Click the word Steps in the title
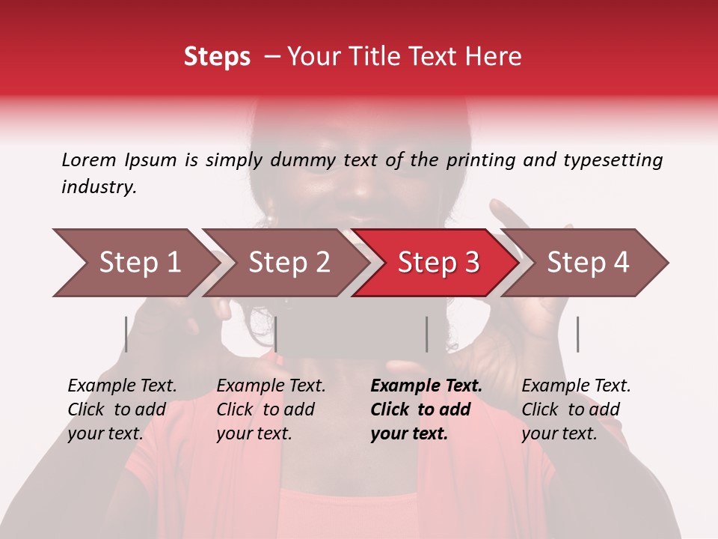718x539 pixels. click(x=217, y=57)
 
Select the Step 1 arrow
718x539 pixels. click(x=135, y=263)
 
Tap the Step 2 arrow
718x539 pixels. click(x=289, y=263)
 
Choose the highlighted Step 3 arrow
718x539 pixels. click(x=438, y=263)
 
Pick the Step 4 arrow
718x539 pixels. click(x=588, y=263)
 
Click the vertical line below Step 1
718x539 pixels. click(x=126, y=334)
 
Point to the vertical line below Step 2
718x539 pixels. click(x=276, y=334)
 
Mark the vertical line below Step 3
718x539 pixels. click(x=426, y=334)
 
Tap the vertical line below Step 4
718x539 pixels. click(x=577, y=334)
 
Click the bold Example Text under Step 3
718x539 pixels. click(x=426, y=386)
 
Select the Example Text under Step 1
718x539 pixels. click(x=122, y=386)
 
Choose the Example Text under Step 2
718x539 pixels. click(x=271, y=386)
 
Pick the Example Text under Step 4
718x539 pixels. click(x=576, y=386)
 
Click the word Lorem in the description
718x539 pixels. click(x=89, y=159)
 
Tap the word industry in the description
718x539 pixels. click(x=99, y=187)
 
